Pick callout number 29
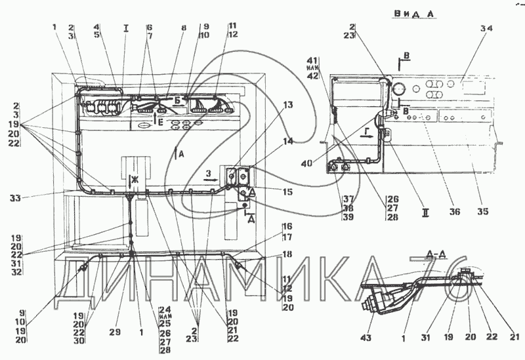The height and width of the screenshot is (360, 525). [x=115, y=333]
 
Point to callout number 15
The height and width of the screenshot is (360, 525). [x=287, y=191]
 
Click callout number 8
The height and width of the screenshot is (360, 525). [x=183, y=28]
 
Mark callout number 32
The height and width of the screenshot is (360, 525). [x=17, y=271]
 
